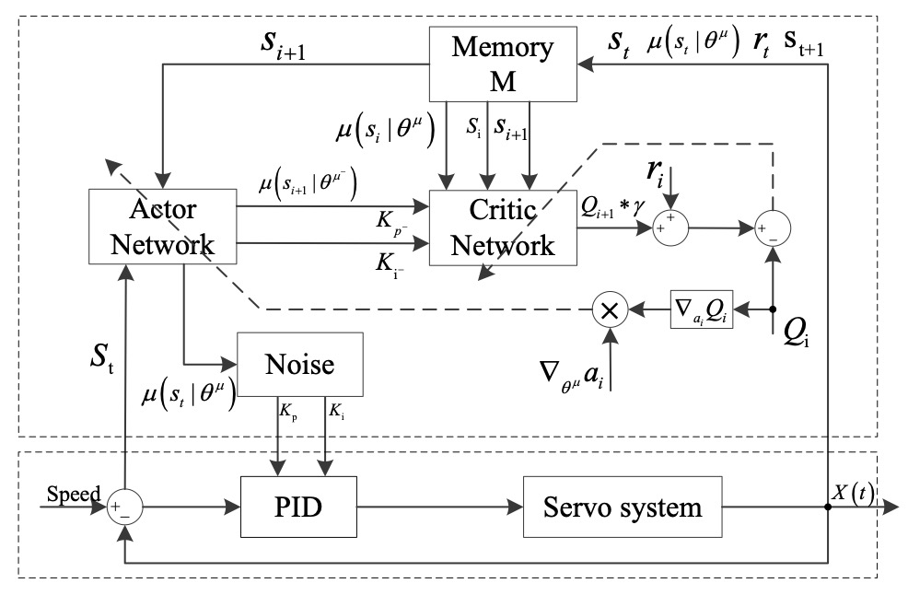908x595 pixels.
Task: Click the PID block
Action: tap(298, 507)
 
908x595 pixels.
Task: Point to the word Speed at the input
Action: tap(73, 494)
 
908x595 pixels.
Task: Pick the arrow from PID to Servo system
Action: tap(440, 507)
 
